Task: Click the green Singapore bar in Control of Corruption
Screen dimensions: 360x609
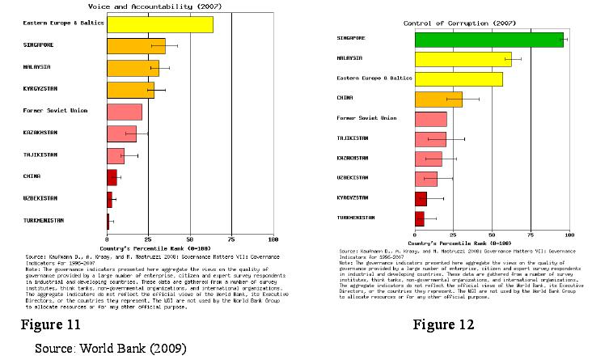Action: tap(488, 39)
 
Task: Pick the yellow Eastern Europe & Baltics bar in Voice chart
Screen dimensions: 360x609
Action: tap(160, 24)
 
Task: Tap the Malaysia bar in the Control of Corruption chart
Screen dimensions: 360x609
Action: tap(463, 59)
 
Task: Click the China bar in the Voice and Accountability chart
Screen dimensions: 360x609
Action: tap(112, 177)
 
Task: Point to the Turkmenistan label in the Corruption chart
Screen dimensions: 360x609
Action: tap(355, 218)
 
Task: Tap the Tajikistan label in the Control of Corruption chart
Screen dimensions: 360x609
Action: tap(353, 138)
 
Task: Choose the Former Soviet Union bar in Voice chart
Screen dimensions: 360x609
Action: tap(125, 112)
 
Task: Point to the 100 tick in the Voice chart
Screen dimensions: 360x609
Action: tap(273, 240)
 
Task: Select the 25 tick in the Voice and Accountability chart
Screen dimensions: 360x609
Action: tap(148, 240)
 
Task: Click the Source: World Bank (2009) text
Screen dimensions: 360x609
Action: tap(110, 349)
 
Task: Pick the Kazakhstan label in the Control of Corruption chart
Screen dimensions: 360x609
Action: tap(353, 158)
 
